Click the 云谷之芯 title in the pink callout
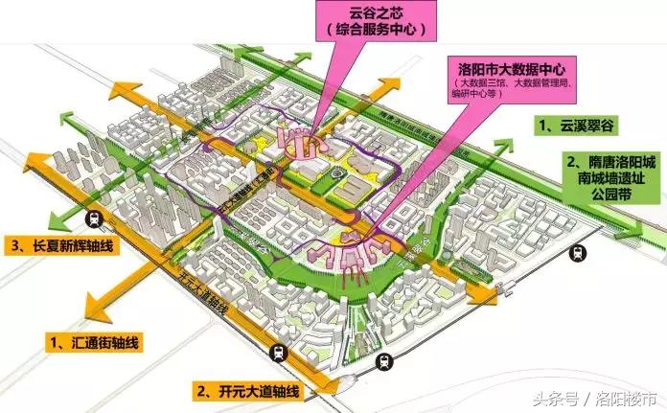(374, 15)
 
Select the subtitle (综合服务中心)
(374, 31)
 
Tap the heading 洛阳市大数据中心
(516, 70)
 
